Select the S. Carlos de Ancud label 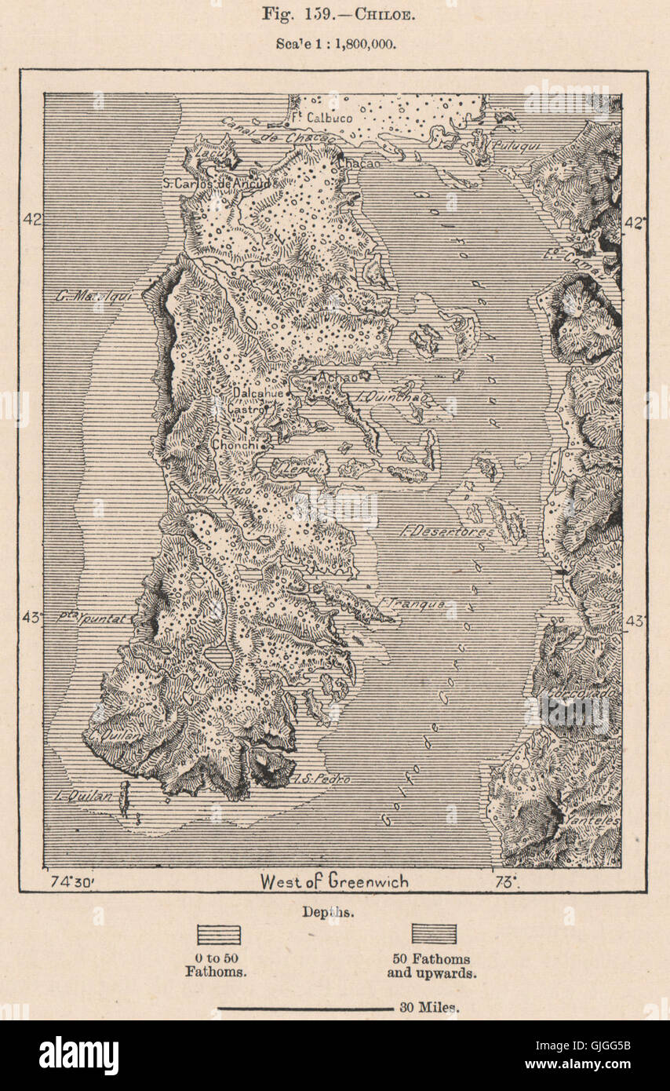217,183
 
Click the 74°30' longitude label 71,881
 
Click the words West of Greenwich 334,881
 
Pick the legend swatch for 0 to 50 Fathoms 218,934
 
